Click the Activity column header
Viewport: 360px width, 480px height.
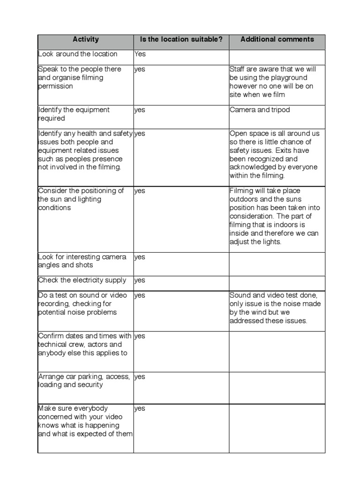86,39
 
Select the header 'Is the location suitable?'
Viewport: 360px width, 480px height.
181,39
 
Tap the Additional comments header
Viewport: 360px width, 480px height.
277,39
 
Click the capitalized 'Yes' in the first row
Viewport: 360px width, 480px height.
140,54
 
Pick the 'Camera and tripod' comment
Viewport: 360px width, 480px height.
260,110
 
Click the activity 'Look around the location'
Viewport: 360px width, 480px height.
78,54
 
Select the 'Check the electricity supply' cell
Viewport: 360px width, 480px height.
82,280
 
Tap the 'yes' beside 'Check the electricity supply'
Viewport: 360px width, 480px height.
140,281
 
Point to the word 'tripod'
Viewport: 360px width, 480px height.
280,110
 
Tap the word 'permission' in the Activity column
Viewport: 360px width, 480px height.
55,87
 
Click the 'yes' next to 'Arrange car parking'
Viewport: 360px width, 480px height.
140,377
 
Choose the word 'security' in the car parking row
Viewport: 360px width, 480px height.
89,385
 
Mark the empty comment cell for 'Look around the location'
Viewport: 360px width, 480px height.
277,55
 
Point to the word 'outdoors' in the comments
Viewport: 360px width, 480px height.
244,199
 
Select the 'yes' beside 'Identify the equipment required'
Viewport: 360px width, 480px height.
140,110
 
